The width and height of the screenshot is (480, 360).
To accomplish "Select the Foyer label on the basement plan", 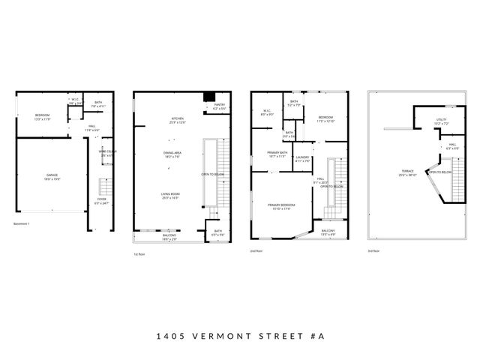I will click(x=100, y=202).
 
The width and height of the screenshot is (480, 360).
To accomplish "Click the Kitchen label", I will click(x=177, y=121).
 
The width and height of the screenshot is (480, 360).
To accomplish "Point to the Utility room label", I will click(x=441, y=121).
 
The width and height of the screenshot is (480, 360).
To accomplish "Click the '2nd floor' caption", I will click(x=256, y=251).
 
